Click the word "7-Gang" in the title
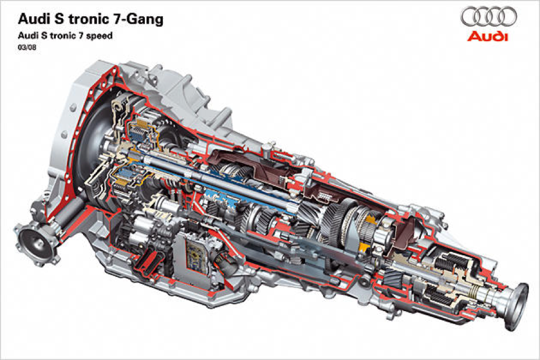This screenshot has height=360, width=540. coord(138,19)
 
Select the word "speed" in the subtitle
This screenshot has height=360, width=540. coord(99,36)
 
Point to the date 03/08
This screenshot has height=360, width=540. coord(27,48)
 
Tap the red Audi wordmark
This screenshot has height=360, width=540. coord(487,36)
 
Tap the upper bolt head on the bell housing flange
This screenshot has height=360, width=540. coord(73,108)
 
